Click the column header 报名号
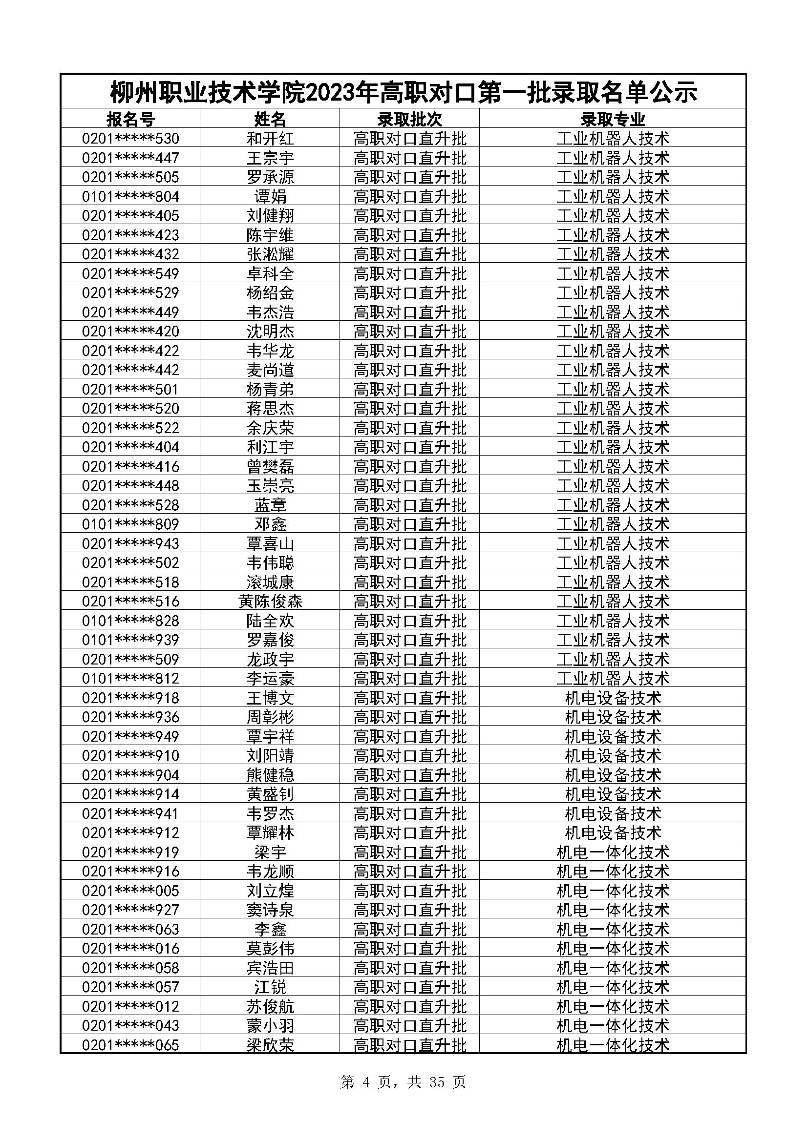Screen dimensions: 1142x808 pos(130,119)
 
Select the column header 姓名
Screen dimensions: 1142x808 pos(270,119)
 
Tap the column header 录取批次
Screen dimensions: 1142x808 pos(409,119)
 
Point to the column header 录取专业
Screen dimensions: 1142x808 pos(613,119)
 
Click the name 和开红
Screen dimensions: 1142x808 pos(270,138)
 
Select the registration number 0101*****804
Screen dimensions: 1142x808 pos(130,196)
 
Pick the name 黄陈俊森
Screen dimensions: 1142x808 pos(270,602)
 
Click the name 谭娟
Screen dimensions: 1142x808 pos(270,196)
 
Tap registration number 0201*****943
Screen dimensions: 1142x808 pos(130,543)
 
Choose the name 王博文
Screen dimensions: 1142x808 pos(270,698)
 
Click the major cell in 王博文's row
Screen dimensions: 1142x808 pos(613,698)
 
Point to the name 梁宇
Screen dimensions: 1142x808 pos(270,852)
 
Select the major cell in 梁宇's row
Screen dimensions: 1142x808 pos(613,852)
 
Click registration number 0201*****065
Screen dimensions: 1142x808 pos(130,1045)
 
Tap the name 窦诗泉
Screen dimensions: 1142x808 pos(270,910)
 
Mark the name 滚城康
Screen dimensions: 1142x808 pos(270,582)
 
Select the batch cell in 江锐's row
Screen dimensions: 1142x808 pos(409,987)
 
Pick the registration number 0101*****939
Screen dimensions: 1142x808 pos(130,640)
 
